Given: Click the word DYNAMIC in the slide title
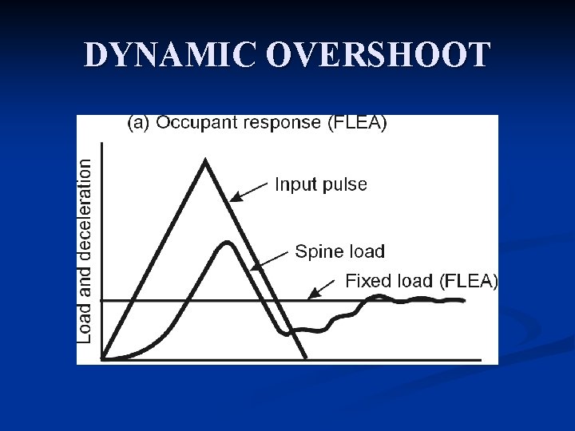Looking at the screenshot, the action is [170, 56].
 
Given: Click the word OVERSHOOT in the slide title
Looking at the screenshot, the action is [379, 56].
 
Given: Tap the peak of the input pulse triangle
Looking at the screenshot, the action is [207, 161].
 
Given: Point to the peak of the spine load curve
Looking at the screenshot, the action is [228, 242].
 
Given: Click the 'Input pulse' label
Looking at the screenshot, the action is [321, 184].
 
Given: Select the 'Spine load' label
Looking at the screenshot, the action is [340, 251].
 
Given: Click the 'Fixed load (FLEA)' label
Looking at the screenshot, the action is [421, 281].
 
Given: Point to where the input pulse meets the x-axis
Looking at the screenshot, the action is [307, 359].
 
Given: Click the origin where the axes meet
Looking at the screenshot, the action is [101, 359].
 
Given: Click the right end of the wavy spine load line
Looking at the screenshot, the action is [463, 300].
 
